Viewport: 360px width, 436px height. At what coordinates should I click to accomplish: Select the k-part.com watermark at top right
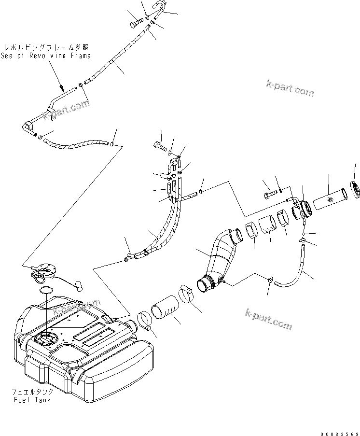(290, 88)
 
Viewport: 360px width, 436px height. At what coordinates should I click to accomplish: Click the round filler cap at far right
(355, 189)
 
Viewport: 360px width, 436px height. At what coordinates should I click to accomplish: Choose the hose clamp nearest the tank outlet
(145, 321)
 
